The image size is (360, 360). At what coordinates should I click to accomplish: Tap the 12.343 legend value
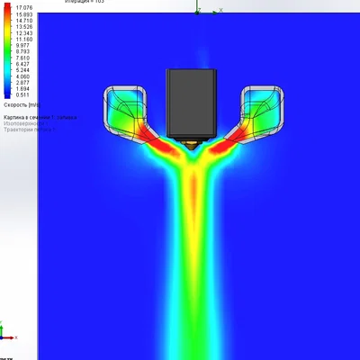[23, 33]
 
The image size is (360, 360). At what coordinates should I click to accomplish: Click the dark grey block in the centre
[192, 104]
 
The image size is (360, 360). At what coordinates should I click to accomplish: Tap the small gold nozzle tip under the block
[192, 144]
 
